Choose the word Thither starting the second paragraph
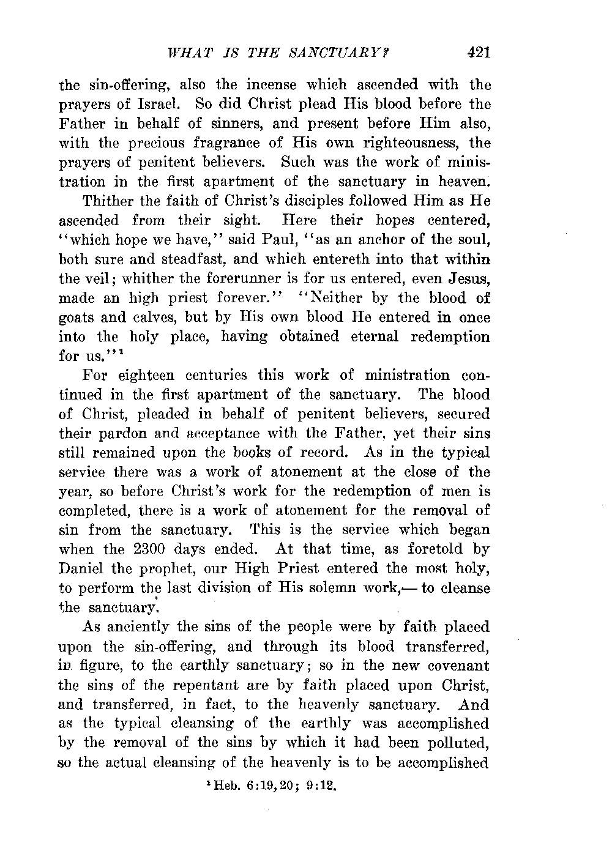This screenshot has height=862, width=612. (108, 201)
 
